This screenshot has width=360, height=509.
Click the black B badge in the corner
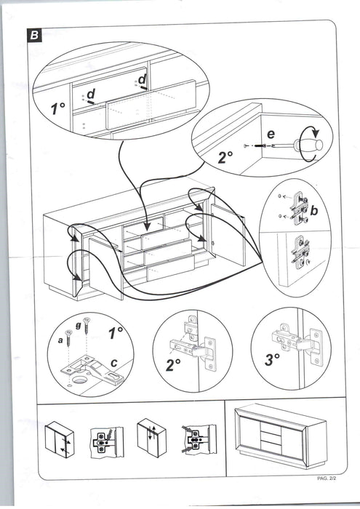click(33, 35)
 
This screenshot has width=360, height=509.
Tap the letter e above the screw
click(271, 134)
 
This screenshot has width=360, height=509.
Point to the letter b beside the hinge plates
click(313, 211)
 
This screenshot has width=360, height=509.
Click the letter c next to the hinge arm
click(113, 363)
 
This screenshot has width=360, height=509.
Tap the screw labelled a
click(69, 338)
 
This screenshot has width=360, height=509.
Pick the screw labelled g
click(87, 326)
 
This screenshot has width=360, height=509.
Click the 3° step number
click(272, 360)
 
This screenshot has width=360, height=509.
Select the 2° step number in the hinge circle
click(173, 365)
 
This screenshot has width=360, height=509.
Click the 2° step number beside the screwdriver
click(225, 157)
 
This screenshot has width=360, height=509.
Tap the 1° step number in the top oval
click(57, 108)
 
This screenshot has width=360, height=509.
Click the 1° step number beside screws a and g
click(116, 333)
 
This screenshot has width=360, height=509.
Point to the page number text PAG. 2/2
click(327, 478)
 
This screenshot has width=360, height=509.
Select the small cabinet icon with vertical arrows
click(151, 437)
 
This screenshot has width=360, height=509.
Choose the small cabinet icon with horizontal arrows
click(60, 439)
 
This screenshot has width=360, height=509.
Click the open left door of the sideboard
click(106, 269)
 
